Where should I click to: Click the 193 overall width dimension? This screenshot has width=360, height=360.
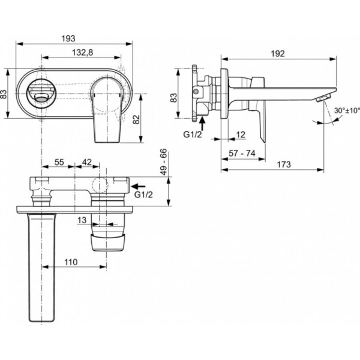tap(73, 37)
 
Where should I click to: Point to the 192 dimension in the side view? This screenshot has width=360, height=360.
tap(277, 53)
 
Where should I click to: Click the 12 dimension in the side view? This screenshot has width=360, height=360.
tap(241, 134)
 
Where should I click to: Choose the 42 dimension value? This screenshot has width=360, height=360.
tap(87, 162)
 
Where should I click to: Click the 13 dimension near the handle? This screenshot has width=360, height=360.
tap(82, 220)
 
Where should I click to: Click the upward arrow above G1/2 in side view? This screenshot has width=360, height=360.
tap(202, 122)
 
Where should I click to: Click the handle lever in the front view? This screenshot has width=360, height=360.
tap(109, 111)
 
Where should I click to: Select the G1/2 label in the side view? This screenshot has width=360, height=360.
tap(193, 135)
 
